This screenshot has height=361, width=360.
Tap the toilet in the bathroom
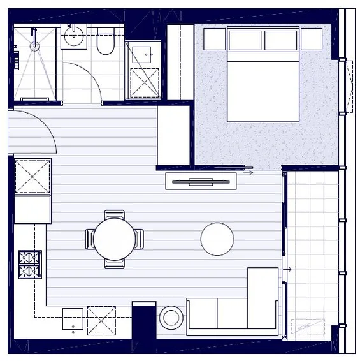(x=106, y=43)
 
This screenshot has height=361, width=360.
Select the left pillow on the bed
(x=245, y=40)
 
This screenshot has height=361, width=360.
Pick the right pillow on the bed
(x=281, y=40)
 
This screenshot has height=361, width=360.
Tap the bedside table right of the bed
(x=312, y=39)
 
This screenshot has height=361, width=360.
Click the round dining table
(x=114, y=239)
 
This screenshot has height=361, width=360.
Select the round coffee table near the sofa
(x=217, y=239)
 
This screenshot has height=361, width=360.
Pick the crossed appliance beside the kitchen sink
(x=101, y=320)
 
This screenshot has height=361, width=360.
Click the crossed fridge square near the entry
(x=32, y=177)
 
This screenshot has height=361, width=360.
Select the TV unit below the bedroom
(x=201, y=181)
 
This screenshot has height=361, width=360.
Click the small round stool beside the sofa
(x=171, y=317)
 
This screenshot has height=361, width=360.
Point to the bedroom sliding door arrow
(x=248, y=172)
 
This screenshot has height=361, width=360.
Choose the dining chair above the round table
(x=115, y=215)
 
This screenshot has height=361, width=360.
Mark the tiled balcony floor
(x=312, y=242)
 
